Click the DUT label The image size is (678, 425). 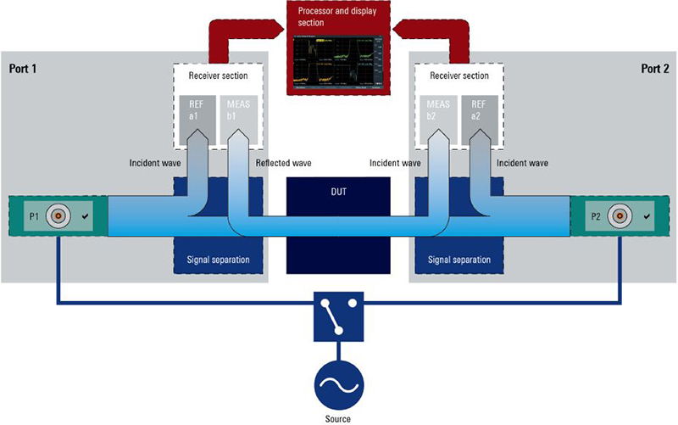pyautogui.click(x=339, y=192)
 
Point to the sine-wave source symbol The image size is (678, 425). pyautogui.click(x=338, y=384)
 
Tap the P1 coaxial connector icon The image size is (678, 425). pyautogui.click(x=58, y=216)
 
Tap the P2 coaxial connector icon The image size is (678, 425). pyautogui.click(x=620, y=216)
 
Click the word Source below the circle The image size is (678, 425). pyautogui.click(x=338, y=417)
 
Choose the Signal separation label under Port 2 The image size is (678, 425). pyautogui.click(x=458, y=259)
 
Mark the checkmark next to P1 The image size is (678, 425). pyautogui.click(x=86, y=217)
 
